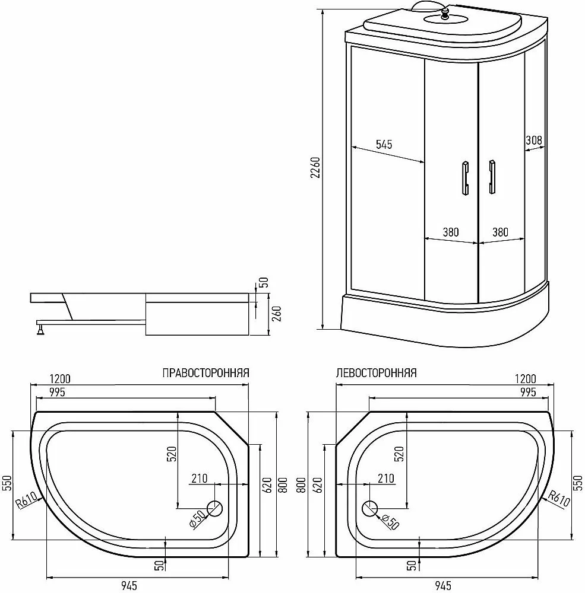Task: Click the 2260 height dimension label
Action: tap(315, 168)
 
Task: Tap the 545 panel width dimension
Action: tap(384, 144)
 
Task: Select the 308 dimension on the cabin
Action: tap(534, 141)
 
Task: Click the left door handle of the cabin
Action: tap(465, 178)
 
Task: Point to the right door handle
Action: tap(492, 177)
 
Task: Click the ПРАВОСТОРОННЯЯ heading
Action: tap(205, 373)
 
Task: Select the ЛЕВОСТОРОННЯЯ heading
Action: tap(376, 373)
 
